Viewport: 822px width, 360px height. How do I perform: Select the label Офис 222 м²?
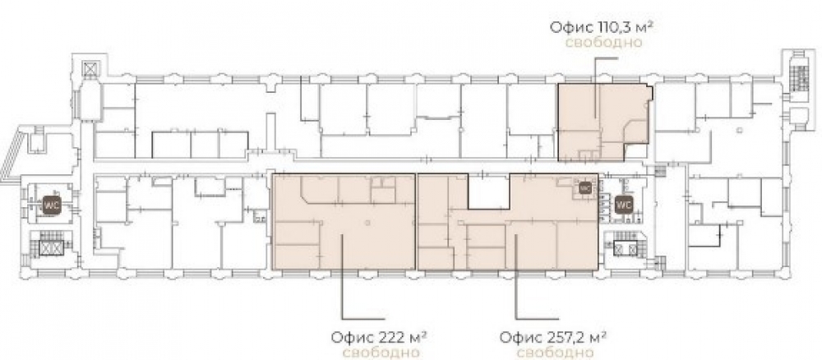pyautogui.click(x=377, y=336)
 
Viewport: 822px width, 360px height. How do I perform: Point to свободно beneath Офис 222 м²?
pyautogui.click(x=381, y=352)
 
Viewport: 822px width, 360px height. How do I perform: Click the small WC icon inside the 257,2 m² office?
pyautogui.click(x=584, y=187)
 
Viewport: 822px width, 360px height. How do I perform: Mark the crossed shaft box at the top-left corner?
pyautogui.click(x=90, y=69)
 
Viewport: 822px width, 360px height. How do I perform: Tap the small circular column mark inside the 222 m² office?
pyautogui.click(x=367, y=224)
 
